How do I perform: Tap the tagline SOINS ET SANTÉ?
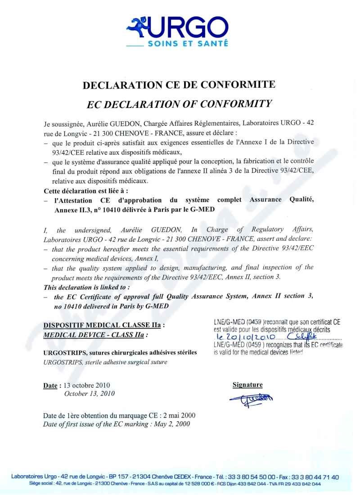[x=188, y=44]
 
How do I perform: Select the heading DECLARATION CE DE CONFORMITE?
[x=179, y=85]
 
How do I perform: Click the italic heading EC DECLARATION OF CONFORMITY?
[x=179, y=104]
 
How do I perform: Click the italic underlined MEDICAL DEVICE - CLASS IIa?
[x=95, y=335]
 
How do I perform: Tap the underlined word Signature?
[x=247, y=385]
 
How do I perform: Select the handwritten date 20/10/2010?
[x=246, y=337]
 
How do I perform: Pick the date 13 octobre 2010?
[x=87, y=386]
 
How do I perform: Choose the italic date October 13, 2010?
[x=90, y=394]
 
